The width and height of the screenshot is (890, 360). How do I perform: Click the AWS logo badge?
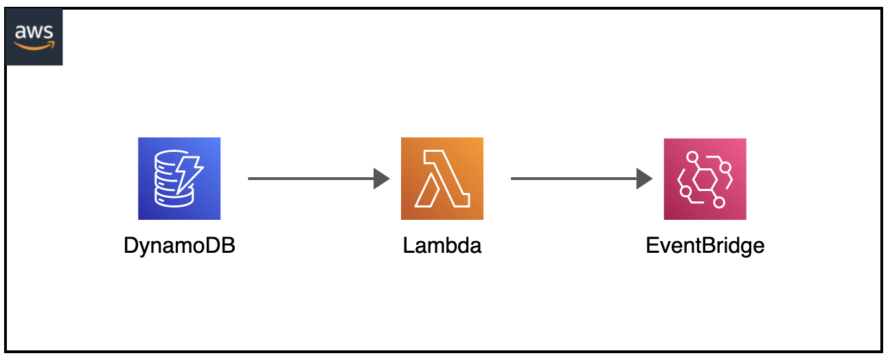[34, 37]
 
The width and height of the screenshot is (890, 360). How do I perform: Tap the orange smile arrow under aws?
[34, 46]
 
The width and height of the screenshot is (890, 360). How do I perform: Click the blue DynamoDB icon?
[179, 179]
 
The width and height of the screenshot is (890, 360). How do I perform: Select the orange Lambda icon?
[442, 179]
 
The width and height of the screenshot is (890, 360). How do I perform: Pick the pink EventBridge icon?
[705, 179]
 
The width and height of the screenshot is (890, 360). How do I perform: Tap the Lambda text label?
[442, 245]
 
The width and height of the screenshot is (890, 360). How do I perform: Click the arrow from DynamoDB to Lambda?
[319, 179]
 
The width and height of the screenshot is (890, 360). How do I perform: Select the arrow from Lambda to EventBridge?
[582, 179]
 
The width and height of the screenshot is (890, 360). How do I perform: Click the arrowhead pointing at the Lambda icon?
[381, 179]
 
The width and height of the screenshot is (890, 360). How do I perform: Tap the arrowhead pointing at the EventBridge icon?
[644, 179]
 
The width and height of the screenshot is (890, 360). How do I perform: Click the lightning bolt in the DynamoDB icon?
[188, 174]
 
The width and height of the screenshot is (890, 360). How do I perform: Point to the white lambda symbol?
[442, 179]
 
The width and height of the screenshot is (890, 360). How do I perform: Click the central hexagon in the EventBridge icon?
[705, 179]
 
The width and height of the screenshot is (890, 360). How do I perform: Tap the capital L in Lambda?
[409, 245]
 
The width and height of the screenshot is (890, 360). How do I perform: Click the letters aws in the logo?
[34, 32]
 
